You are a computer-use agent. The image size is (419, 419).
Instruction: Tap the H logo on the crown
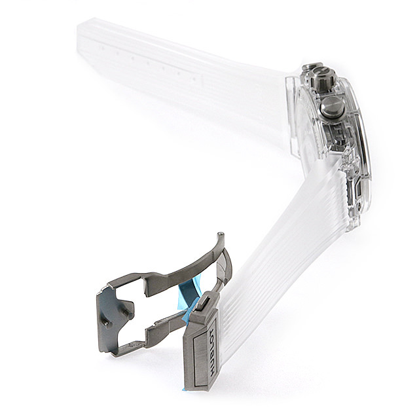click(323, 73)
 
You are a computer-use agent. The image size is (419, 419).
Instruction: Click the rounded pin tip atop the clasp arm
click(221, 235)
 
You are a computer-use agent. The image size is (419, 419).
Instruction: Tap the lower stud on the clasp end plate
click(108, 324)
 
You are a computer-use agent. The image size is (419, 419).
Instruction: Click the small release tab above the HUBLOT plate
click(205, 302)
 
